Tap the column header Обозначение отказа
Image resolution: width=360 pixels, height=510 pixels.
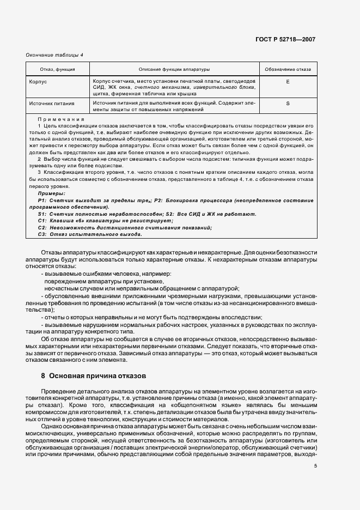pos(288,70)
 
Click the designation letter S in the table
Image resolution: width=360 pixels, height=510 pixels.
pos(288,103)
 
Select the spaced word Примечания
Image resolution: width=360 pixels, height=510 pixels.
pos(61,119)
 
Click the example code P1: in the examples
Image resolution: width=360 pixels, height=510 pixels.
pos(42,201)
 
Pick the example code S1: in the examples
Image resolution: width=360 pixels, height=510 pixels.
pos(42,214)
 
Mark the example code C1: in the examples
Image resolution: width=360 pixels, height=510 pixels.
pos(42,221)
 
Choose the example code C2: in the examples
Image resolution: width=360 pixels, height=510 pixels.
pos(42,227)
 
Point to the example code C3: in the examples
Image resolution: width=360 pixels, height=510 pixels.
pos(42,234)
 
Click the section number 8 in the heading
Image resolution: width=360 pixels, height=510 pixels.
pos(42,375)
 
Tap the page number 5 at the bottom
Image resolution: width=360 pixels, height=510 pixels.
pos(315,465)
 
